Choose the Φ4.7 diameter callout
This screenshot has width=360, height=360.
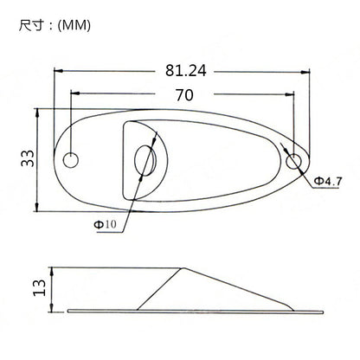329,180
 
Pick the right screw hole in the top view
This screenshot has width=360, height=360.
296,160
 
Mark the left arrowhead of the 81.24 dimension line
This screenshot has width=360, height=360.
59,74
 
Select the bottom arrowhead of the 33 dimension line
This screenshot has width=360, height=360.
36,208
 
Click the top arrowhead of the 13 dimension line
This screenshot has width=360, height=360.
53,269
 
